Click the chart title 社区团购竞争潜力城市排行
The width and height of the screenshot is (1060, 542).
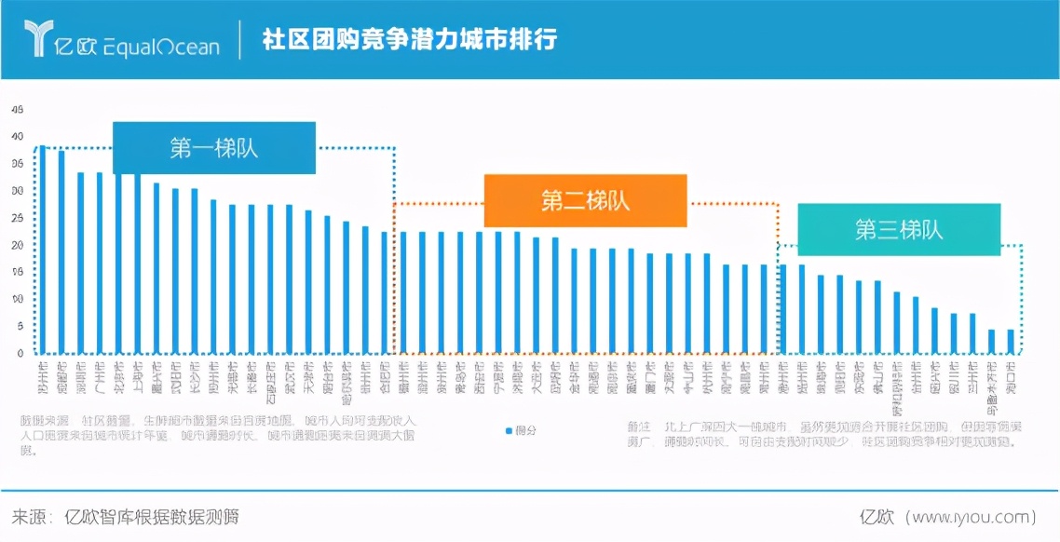point(410,40)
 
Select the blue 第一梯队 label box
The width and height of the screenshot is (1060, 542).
point(214,148)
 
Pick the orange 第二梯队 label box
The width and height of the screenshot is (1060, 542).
point(585,200)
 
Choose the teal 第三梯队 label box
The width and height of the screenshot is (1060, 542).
point(899,230)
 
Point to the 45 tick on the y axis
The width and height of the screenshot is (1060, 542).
point(17,109)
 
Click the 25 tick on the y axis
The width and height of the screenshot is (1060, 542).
point(17,218)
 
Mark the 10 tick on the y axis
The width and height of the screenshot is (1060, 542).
point(17,299)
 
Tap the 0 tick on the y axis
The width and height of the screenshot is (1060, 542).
point(20,354)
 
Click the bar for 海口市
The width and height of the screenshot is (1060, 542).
point(1011,341)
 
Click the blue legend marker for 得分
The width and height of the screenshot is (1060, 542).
point(508,430)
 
